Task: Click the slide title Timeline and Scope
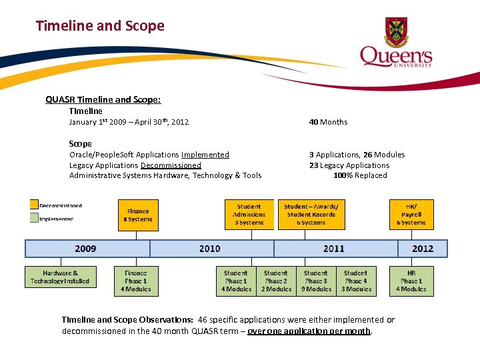(x=100, y=26)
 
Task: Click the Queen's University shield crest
(x=396, y=32)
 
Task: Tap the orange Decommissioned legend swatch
(x=33, y=205)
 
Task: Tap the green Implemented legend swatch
(x=33, y=218)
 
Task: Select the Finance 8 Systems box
(x=138, y=215)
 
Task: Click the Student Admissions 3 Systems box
(x=249, y=215)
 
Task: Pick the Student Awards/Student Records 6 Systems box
(x=311, y=215)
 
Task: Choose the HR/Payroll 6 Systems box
(x=411, y=215)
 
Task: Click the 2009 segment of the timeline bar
(x=87, y=249)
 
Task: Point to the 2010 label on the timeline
(x=209, y=249)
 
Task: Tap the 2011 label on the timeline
(x=334, y=249)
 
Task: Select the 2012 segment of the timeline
(x=423, y=249)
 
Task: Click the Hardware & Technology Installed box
(x=60, y=277)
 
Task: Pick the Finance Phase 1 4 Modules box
(x=136, y=281)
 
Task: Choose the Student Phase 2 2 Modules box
(x=276, y=281)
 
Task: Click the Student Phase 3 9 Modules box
(x=316, y=281)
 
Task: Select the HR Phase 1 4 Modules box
(x=411, y=281)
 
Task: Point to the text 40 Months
(x=328, y=122)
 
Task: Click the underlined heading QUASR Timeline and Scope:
(x=103, y=100)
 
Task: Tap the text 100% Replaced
(x=360, y=175)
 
